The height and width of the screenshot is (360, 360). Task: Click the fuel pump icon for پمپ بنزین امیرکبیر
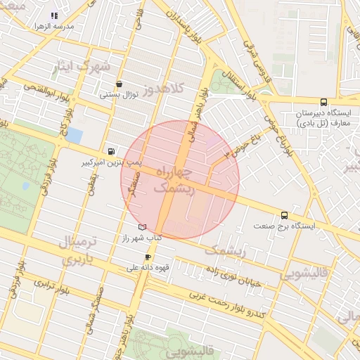pyautogui.click(x=111, y=151)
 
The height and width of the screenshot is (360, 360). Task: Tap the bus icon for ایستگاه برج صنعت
pyautogui.click(x=284, y=215)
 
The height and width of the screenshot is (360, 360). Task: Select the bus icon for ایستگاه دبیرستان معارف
pyautogui.click(x=323, y=103)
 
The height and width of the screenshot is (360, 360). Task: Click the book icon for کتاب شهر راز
pyautogui.click(x=143, y=228)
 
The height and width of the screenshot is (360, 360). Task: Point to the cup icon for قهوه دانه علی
pyautogui.click(x=148, y=257)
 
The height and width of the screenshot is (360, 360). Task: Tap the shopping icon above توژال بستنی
pyautogui.click(x=119, y=84)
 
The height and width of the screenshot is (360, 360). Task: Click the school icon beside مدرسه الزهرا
pyautogui.click(x=55, y=15)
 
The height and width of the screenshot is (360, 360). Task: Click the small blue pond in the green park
pyautogui.click(x=26, y=186)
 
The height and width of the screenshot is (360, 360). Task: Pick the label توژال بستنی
pyautogui.click(x=117, y=94)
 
